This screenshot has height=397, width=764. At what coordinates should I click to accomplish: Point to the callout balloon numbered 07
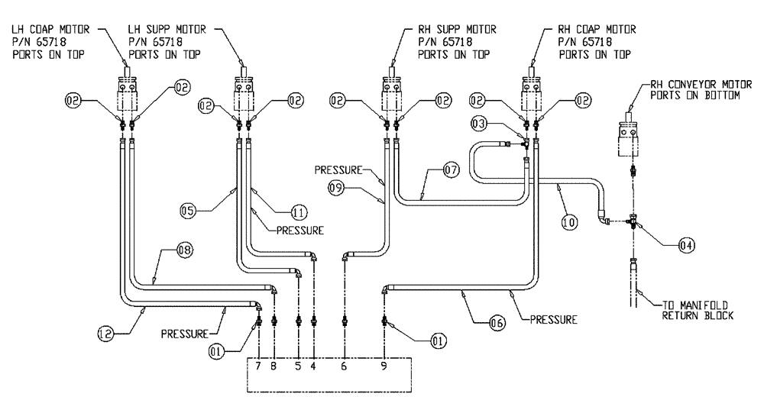[448, 172]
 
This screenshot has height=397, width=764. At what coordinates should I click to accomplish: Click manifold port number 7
[259, 366]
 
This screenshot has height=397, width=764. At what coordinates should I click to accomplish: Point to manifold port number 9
[383, 366]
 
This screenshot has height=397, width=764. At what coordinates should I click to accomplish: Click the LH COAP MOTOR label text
[45, 43]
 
